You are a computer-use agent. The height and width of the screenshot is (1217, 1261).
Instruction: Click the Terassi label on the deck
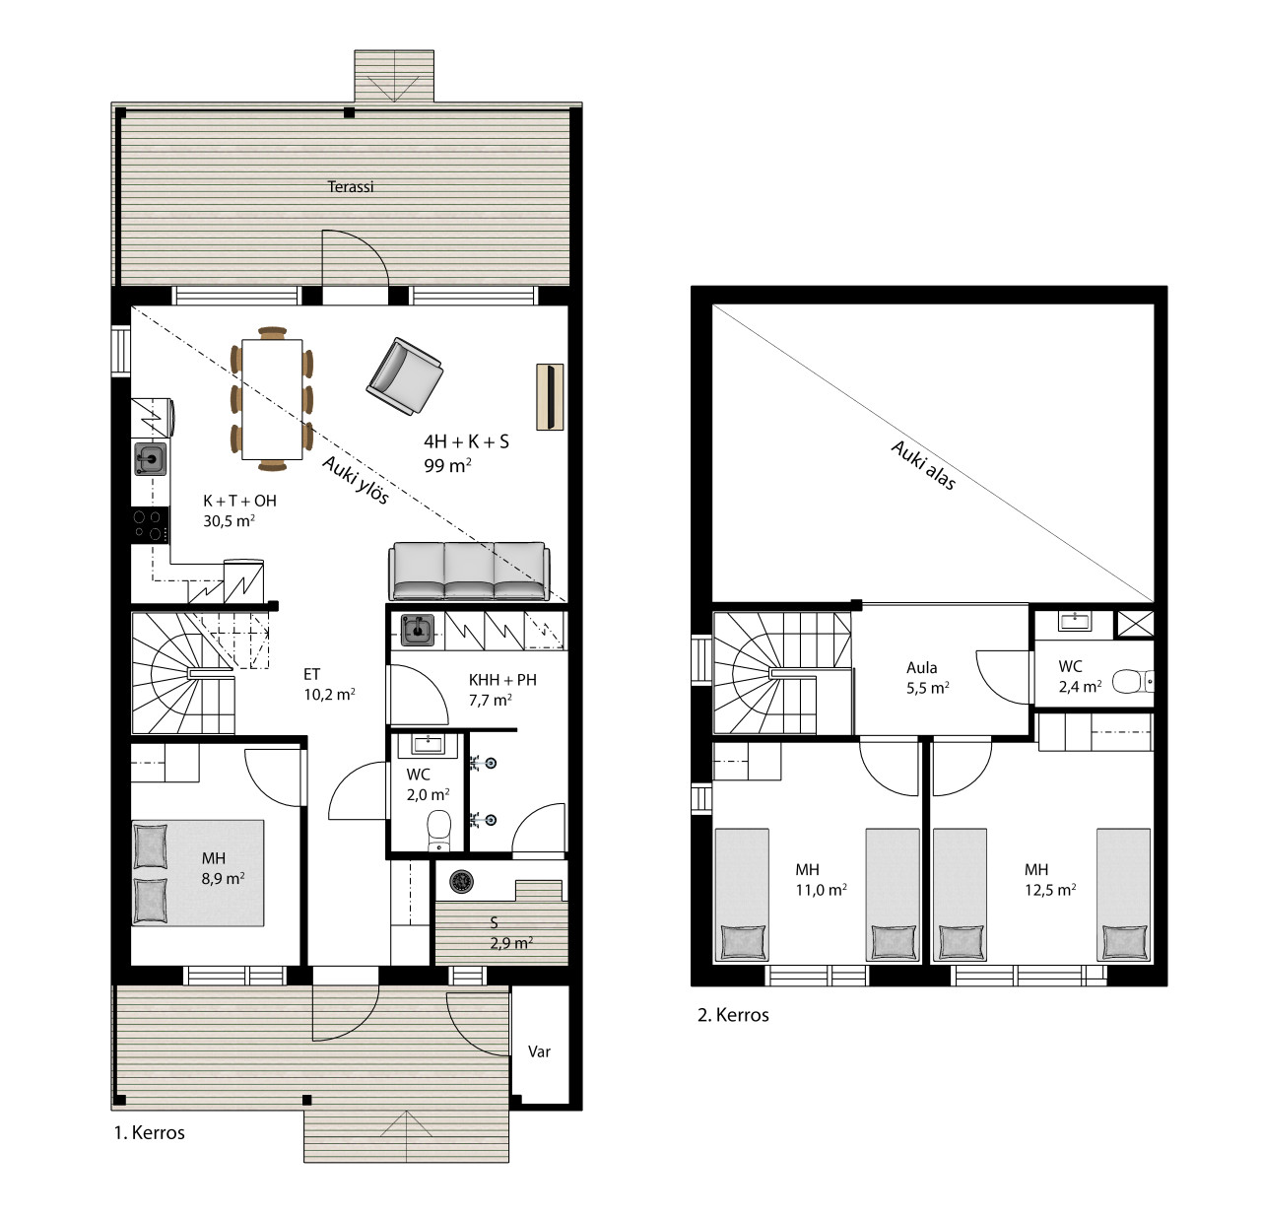click(350, 186)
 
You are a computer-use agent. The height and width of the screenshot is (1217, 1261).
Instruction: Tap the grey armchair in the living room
click(404, 375)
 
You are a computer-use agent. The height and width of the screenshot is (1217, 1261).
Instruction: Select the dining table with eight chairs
click(272, 398)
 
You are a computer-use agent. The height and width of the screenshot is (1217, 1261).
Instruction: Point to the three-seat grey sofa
click(469, 571)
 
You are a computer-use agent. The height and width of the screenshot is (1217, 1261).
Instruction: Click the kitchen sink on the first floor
click(151, 459)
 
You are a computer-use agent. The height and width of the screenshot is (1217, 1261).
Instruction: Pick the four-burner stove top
click(151, 524)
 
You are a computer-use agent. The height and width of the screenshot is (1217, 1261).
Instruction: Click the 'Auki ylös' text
click(355, 480)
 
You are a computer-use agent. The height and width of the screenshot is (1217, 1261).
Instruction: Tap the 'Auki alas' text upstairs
click(923, 465)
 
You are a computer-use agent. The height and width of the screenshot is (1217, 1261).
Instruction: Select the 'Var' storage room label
click(539, 1051)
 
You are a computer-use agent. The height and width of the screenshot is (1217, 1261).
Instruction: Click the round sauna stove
click(461, 881)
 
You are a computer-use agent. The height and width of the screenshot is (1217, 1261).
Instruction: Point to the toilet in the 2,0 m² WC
click(438, 830)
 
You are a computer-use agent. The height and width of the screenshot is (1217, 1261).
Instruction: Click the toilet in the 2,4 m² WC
click(1132, 681)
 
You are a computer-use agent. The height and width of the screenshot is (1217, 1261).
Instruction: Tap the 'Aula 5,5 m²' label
click(927, 677)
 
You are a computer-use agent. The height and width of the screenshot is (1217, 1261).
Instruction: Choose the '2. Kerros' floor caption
click(733, 1015)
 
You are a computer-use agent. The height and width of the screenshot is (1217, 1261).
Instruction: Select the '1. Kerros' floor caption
click(149, 1133)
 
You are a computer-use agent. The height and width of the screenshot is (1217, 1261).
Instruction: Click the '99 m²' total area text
click(447, 465)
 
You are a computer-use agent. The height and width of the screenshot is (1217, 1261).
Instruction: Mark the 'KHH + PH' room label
click(502, 680)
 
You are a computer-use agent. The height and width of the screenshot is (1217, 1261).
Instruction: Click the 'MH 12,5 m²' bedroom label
click(1050, 879)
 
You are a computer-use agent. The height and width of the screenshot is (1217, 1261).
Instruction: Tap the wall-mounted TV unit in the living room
click(550, 396)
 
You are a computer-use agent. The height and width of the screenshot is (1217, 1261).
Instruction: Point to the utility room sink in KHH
click(418, 630)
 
